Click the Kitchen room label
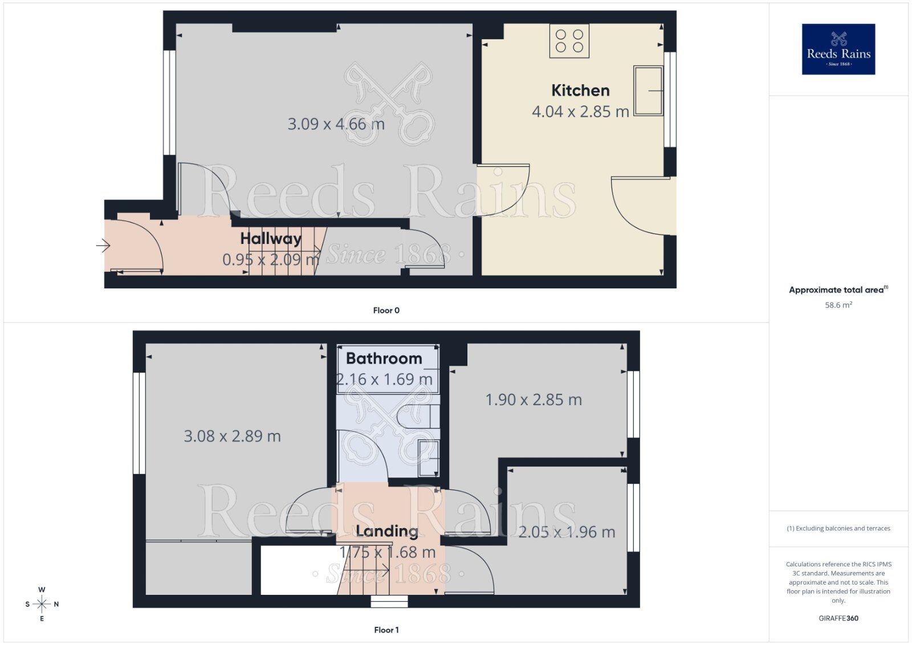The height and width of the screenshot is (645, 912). (x=580, y=91)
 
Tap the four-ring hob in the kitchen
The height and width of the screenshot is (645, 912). (x=569, y=40)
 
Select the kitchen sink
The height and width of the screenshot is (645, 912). (x=648, y=91)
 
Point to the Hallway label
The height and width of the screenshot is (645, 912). (x=271, y=239)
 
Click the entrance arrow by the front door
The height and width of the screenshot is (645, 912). (x=103, y=246)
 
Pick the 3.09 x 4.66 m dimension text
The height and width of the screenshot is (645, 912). (x=336, y=124)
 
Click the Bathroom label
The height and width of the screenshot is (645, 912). (x=384, y=358)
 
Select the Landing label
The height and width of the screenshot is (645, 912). (x=387, y=532)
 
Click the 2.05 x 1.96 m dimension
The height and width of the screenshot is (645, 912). (x=567, y=532)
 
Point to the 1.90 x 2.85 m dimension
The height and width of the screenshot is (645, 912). (x=534, y=400)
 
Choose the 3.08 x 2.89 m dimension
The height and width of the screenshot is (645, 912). (x=232, y=436)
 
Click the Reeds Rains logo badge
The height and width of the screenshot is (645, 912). (x=838, y=49)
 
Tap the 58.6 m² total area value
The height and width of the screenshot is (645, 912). (x=838, y=305)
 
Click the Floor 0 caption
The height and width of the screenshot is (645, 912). (x=386, y=311)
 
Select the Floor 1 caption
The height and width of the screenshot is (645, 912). (x=386, y=630)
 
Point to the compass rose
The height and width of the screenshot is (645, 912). (x=42, y=604)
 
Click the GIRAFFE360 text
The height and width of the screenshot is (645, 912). (x=838, y=618)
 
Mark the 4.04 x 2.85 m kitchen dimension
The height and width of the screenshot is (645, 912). (x=580, y=112)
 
